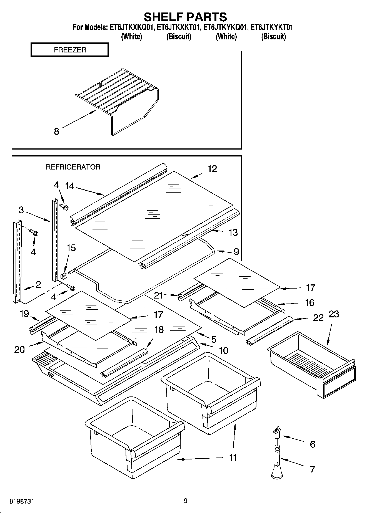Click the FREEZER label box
pyautogui.click(x=69, y=50)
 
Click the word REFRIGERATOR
pyautogui.click(x=73, y=167)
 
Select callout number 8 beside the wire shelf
pyautogui.click(x=56, y=131)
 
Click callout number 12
pyautogui.click(x=212, y=169)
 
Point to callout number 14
pyautogui.click(x=69, y=186)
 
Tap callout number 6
pyautogui.click(x=313, y=444)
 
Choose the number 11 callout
pyautogui.click(x=233, y=458)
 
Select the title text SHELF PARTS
pyautogui.click(x=185, y=17)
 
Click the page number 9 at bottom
pyautogui.click(x=186, y=501)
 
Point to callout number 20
pyautogui.click(x=19, y=350)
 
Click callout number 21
pyautogui.click(x=158, y=295)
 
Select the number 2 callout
pyautogui.click(x=38, y=284)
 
